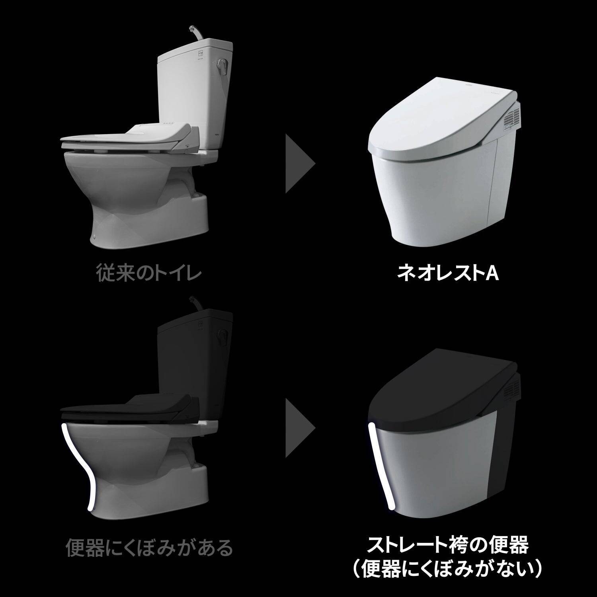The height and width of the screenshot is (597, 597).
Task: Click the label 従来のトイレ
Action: click(x=148, y=273)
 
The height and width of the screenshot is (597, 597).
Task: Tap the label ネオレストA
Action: click(x=447, y=273)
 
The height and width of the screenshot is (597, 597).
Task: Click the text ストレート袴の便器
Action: click(x=447, y=545)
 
